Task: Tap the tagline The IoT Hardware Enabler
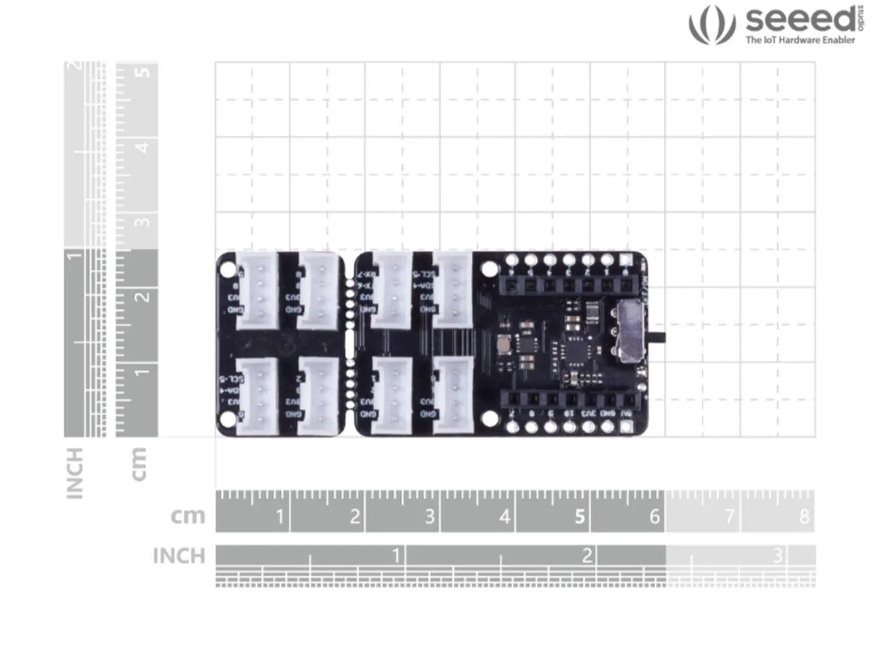coord(800,40)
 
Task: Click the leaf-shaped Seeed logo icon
coord(712,25)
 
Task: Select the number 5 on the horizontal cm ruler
coord(579,517)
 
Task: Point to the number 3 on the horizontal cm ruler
coord(430,517)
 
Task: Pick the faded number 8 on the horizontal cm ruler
coord(804,517)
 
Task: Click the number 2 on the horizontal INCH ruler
coord(587,555)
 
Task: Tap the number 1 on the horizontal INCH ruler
coord(396,555)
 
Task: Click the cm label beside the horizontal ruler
coord(188,516)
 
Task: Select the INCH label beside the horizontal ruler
coord(179,556)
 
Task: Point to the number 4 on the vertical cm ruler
coord(142,146)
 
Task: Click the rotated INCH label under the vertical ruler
coord(75,473)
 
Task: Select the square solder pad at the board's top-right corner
coord(626,261)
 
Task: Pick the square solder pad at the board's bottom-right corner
coord(626,427)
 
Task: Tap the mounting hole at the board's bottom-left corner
coord(228,419)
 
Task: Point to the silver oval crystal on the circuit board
coord(504,344)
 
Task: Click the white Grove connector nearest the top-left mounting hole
coord(257,289)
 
